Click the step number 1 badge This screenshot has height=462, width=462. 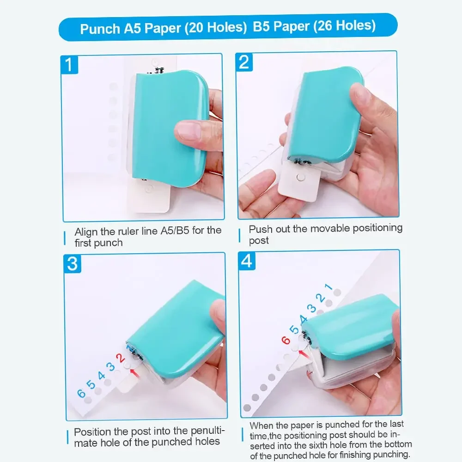(x=69, y=64)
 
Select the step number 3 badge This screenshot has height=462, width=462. (x=73, y=264)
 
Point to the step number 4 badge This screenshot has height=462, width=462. (x=247, y=261)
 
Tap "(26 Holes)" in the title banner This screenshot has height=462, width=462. (x=344, y=26)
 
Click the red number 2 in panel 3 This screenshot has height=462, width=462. (x=120, y=358)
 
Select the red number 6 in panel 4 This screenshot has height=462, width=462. (x=286, y=340)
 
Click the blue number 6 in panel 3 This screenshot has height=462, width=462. (x=81, y=393)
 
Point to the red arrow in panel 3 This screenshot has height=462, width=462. (x=134, y=370)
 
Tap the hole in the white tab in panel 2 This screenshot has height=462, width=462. (x=301, y=176)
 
